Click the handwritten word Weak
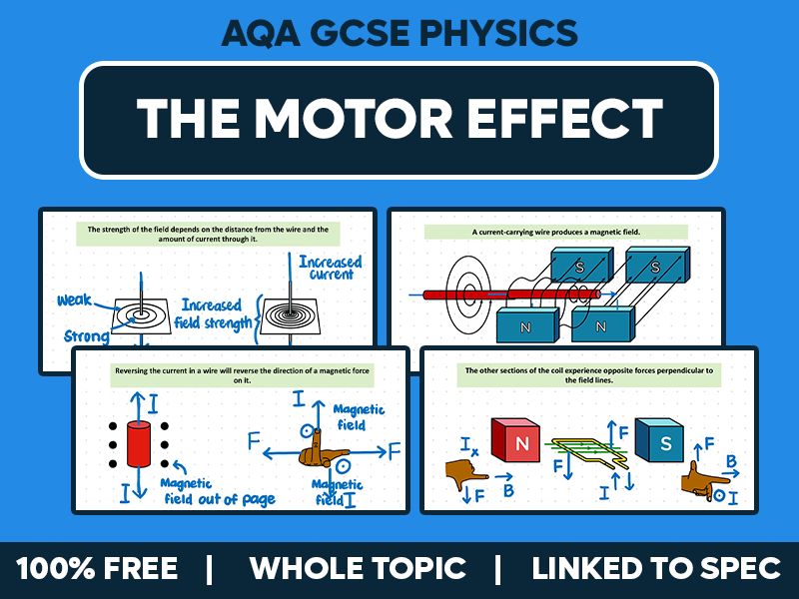(x=75, y=299)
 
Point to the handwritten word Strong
(x=87, y=336)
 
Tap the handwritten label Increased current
(x=331, y=268)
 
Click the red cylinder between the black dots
(x=139, y=442)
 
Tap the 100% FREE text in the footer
(x=97, y=569)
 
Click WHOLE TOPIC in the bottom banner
(x=358, y=569)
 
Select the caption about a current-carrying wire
(x=556, y=232)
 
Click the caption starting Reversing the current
(x=241, y=374)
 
